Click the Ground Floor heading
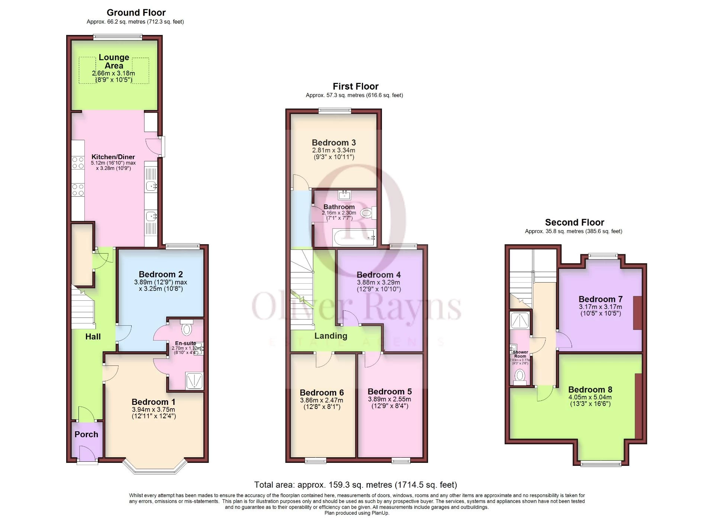pyautogui.click(x=136, y=13)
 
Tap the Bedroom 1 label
pyautogui.click(x=153, y=402)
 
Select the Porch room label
pyautogui.click(x=86, y=434)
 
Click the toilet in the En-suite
pyautogui.click(x=187, y=329)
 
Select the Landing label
pyautogui.click(x=331, y=336)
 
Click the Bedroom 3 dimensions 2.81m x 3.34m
pyautogui.click(x=334, y=150)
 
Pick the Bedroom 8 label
pyautogui.click(x=590, y=390)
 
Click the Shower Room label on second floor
pyautogui.click(x=520, y=354)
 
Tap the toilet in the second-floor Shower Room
pyautogui.click(x=520, y=377)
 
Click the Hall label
pyautogui.click(x=93, y=336)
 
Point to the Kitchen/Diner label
pyautogui.click(x=113, y=157)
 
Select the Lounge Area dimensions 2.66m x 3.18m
pyautogui.click(x=113, y=74)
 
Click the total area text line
pyautogui.click(x=356, y=485)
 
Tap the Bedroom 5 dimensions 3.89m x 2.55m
pyautogui.click(x=389, y=399)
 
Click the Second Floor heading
pyautogui.click(x=575, y=222)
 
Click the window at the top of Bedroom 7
pyautogui.click(x=603, y=256)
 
